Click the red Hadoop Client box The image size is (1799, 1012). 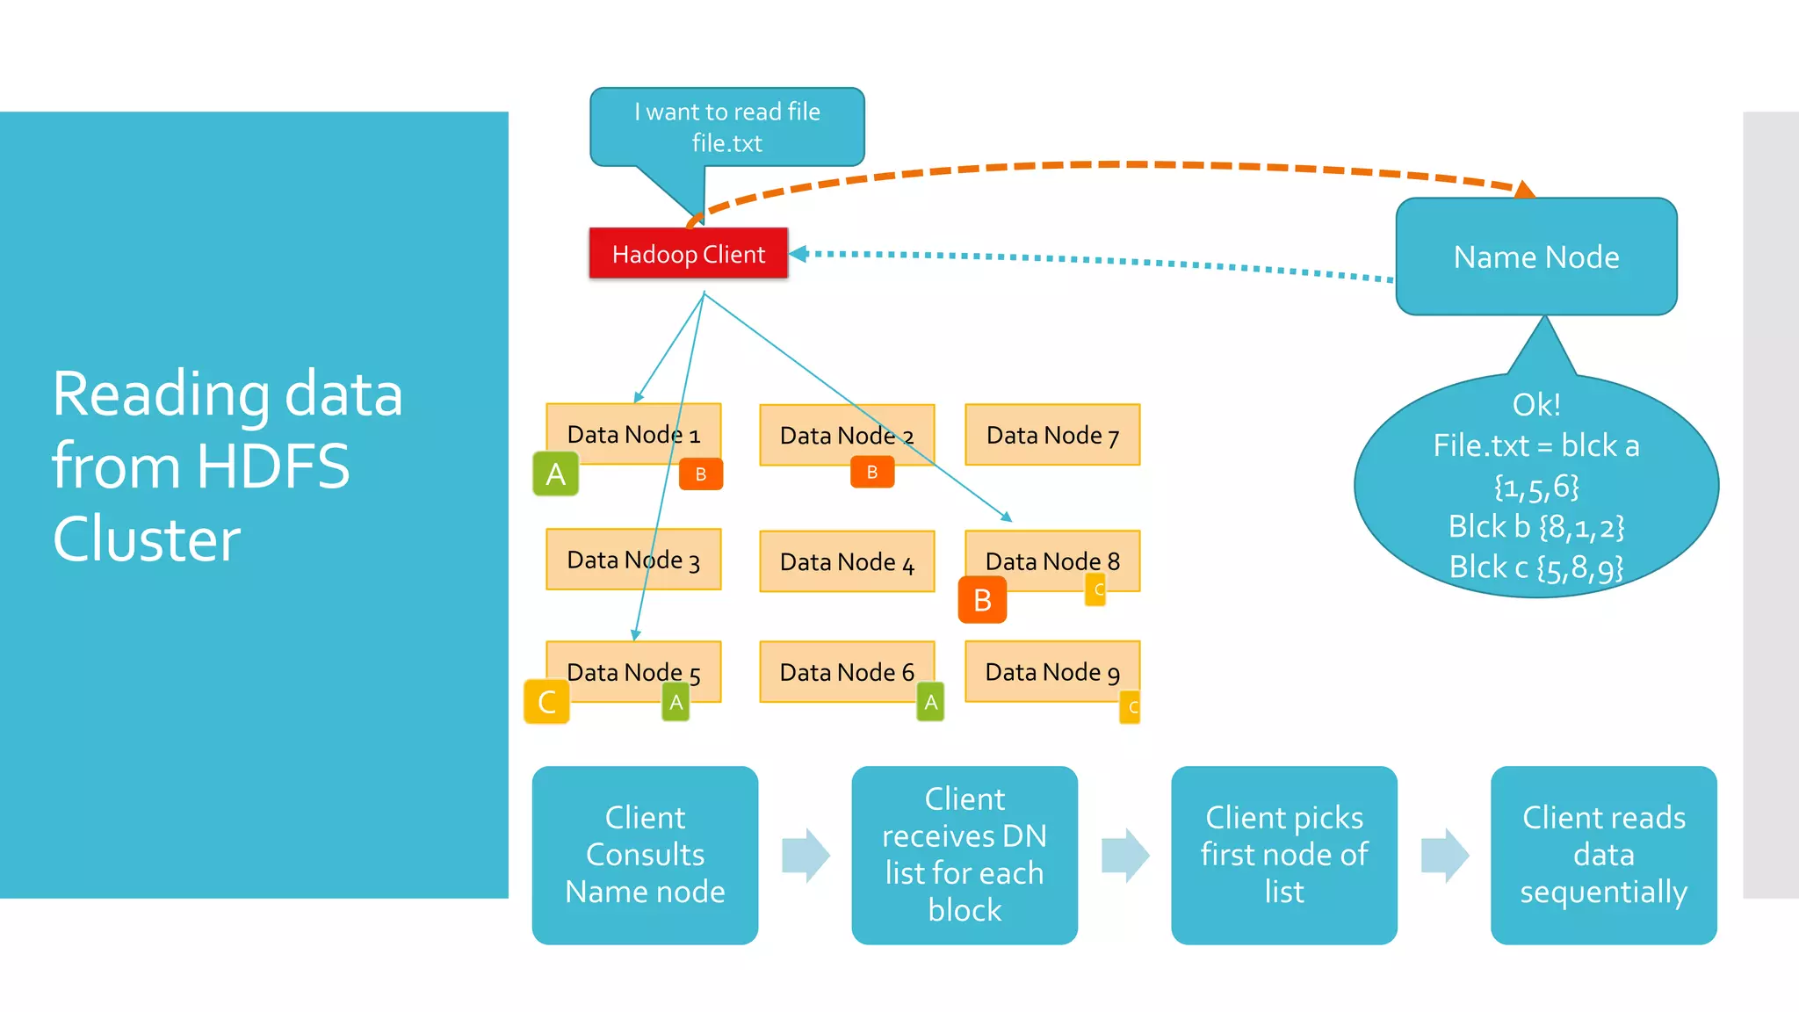[688, 254]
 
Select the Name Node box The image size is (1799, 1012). [1535, 257]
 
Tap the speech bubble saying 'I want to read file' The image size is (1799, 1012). [726, 126]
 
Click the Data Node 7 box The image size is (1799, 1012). [1051, 435]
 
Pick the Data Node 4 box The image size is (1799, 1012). [846, 561]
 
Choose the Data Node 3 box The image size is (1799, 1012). [632, 560]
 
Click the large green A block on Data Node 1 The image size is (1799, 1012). [555, 474]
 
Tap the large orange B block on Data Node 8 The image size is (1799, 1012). [982, 600]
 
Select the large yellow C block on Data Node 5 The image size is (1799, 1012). [546, 702]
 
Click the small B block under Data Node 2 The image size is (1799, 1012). [871, 472]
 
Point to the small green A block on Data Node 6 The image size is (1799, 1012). [930, 702]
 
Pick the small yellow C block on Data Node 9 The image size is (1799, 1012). [1131, 707]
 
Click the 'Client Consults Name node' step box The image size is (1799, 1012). [645, 855]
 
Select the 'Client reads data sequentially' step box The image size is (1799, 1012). [1603, 855]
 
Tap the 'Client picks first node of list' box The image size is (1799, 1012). [1283, 855]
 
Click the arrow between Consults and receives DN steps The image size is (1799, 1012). [806, 855]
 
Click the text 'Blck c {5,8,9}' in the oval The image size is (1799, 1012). [1535, 567]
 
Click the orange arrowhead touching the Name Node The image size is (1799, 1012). [1525, 189]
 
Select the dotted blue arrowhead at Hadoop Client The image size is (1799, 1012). [798, 254]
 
